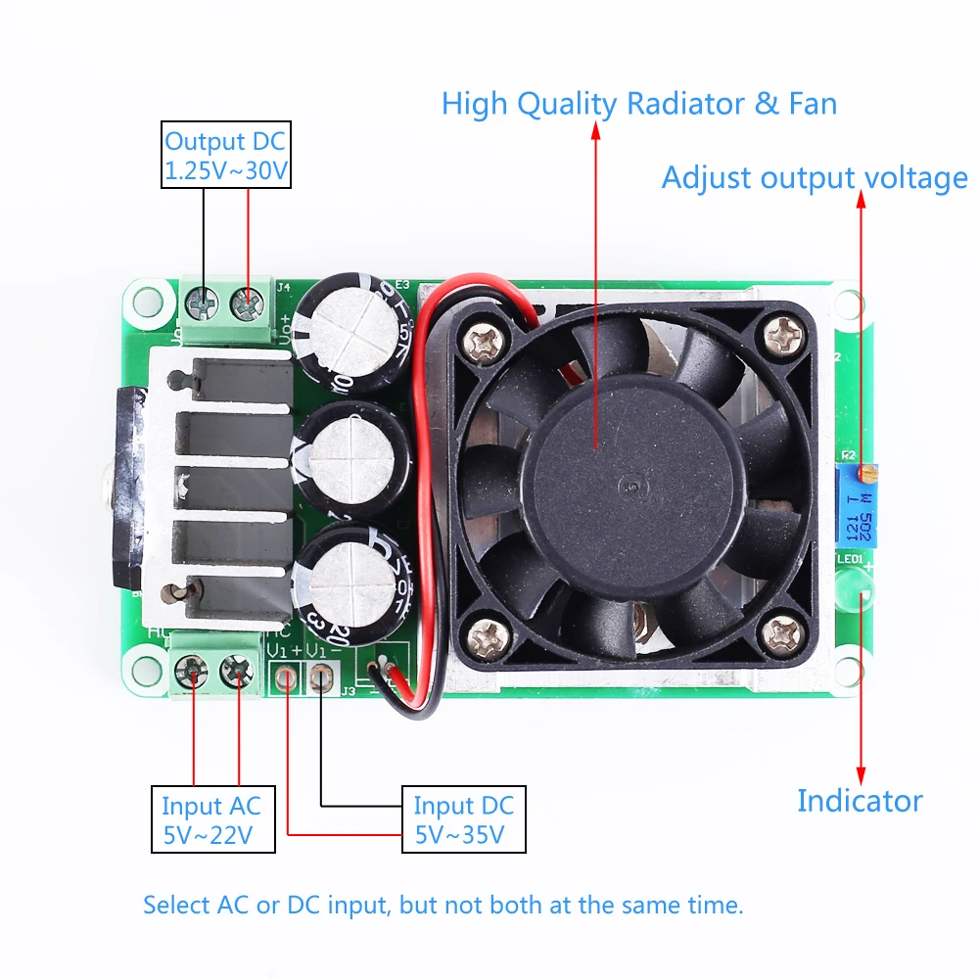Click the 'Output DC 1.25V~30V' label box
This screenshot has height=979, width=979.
pos(226,156)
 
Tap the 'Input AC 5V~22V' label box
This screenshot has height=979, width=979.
pos(211,819)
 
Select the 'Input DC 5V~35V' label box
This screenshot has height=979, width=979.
pos(463,819)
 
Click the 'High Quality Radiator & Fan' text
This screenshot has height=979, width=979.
pos(638,104)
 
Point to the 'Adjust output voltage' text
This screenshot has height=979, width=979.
pos(815,178)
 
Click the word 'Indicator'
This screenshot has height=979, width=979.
pos(860,801)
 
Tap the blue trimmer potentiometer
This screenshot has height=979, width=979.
pos(857,502)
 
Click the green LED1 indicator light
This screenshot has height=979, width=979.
pos(855,588)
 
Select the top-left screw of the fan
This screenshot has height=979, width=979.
pos(485,340)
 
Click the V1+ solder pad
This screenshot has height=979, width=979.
pos(286,677)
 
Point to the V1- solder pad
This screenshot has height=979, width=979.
pos(322,677)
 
